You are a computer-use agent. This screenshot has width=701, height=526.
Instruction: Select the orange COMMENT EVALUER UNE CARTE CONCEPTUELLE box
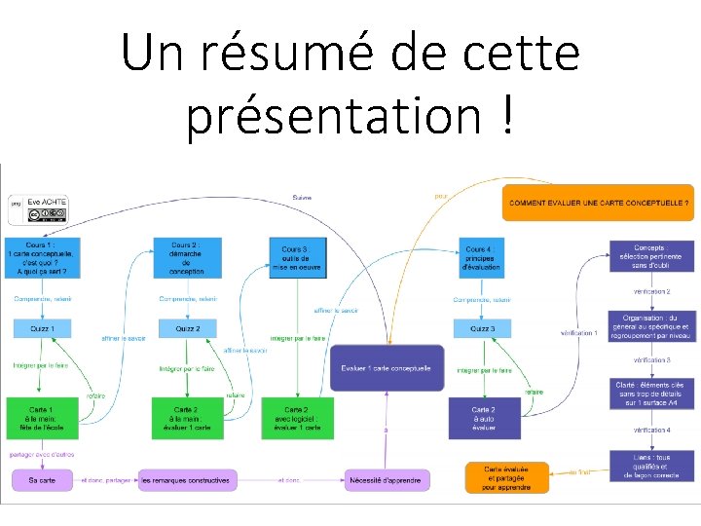point(600,203)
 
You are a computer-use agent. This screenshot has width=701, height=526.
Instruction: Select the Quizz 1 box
point(42,329)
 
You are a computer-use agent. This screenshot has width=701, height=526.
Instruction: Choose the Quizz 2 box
point(187,329)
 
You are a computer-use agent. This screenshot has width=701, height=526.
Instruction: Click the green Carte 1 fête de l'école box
point(42,417)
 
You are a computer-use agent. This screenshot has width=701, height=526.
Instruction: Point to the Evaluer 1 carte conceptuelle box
point(387,368)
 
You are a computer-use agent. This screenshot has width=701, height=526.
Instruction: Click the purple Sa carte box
point(42,480)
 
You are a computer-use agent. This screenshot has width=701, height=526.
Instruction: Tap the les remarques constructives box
point(185,480)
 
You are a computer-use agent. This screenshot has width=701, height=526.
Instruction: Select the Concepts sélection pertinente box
point(650,257)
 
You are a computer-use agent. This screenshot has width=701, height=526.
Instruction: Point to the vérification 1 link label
point(579,333)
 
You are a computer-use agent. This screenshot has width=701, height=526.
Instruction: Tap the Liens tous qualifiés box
point(650,464)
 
